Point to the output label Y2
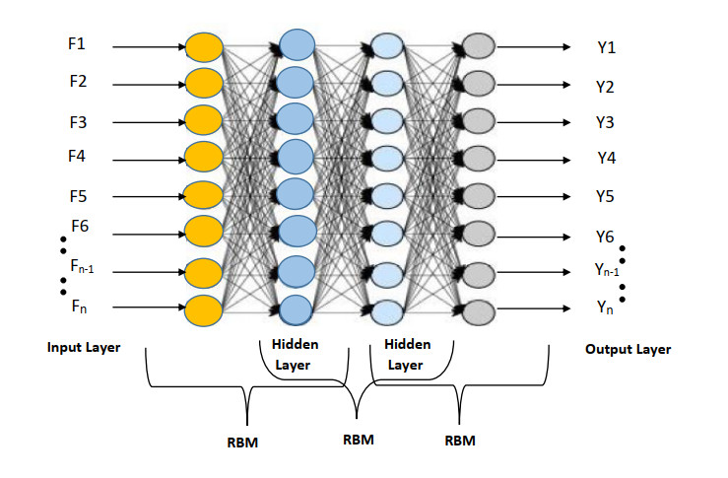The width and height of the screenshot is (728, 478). point(605,87)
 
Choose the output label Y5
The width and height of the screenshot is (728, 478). point(605,196)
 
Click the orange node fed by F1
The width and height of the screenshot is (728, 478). point(204,46)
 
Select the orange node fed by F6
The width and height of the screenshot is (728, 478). point(204,233)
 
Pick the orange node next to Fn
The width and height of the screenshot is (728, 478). point(204,310)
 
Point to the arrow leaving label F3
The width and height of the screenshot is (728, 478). point(148,122)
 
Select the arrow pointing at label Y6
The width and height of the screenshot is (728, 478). point(532,237)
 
